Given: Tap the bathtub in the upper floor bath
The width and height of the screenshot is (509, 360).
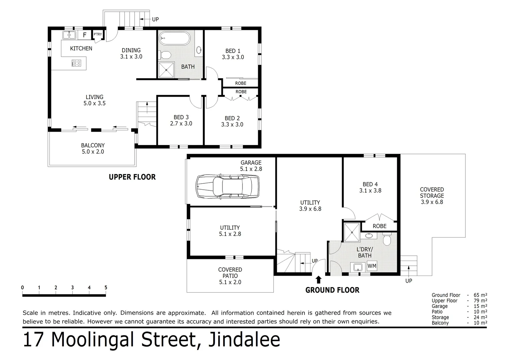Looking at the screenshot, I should click(x=174, y=38).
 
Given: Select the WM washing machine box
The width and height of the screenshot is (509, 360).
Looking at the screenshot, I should click(x=372, y=266).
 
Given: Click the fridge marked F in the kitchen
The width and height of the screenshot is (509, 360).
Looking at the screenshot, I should click(x=85, y=35).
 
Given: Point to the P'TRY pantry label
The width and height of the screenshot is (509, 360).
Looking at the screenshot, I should click(x=98, y=34).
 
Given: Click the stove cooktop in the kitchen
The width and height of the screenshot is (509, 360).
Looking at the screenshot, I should click(x=76, y=63).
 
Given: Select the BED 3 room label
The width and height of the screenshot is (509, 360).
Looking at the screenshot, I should click(x=181, y=117).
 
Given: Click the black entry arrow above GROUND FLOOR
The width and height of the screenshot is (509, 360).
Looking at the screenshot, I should click(x=318, y=279).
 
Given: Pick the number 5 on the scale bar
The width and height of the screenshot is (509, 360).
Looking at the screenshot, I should click(x=106, y=288).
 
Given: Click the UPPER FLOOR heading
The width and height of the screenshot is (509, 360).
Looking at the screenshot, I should click(x=132, y=177).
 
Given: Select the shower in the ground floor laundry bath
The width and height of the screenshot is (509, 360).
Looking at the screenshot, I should click(x=352, y=232).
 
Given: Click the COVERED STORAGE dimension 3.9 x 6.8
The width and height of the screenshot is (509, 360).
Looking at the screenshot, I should click(x=432, y=202).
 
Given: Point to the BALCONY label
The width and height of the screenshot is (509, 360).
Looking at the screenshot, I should click(x=93, y=145).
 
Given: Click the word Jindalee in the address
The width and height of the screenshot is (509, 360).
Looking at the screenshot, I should click(x=244, y=340).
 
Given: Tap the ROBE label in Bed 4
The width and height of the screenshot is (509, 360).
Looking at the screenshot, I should click(x=379, y=226).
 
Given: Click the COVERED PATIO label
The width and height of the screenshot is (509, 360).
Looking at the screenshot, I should click(x=230, y=273).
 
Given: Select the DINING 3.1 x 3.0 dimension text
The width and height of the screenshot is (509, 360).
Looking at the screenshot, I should click(x=131, y=57).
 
